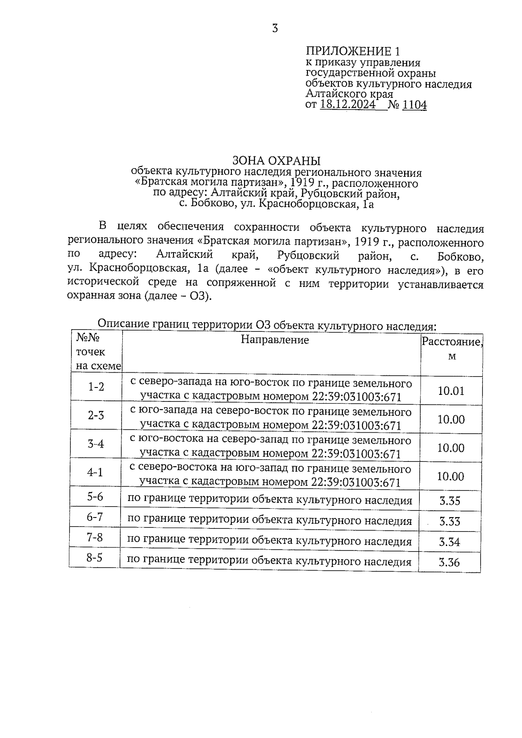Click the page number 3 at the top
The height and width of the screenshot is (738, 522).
point(274,29)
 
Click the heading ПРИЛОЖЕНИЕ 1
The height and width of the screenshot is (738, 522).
point(353,51)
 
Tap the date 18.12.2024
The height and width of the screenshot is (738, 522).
point(348,105)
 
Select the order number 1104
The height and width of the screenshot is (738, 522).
point(415,105)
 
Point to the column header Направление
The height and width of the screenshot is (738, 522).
point(275,340)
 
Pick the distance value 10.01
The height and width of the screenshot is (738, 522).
point(451,391)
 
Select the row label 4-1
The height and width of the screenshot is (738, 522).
point(95,472)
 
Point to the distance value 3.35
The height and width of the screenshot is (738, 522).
point(450,501)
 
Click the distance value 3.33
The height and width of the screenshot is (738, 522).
point(450,521)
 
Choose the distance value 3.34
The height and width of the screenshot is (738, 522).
point(449,542)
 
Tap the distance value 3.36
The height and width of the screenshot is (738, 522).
point(449,562)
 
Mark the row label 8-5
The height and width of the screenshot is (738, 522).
point(94,558)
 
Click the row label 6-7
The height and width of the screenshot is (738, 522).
point(95,517)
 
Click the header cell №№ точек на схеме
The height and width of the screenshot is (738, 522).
point(97,352)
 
